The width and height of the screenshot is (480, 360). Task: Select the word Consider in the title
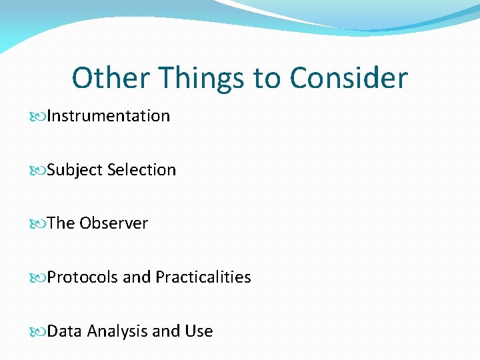pos(348,78)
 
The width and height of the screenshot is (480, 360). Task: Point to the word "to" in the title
pos(267,78)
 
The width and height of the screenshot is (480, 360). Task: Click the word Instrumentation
pos(109,116)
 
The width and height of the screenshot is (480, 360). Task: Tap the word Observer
pos(113,223)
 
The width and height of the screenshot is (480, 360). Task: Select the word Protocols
pos(83,277)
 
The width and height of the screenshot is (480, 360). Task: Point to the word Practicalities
pos(203,277)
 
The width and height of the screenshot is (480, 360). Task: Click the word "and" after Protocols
pos(137,277)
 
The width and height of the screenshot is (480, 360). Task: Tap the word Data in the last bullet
pos(65,331)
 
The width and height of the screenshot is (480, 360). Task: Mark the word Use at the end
pos(199,331)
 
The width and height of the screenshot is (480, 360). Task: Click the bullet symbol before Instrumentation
pos(38,117)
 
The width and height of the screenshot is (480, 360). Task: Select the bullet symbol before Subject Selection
pos(38,171)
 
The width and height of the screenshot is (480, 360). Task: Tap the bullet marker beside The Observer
pos(38,224)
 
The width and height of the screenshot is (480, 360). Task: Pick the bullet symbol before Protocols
pos(38,277)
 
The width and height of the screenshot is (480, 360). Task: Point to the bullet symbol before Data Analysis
pos(38,332)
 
